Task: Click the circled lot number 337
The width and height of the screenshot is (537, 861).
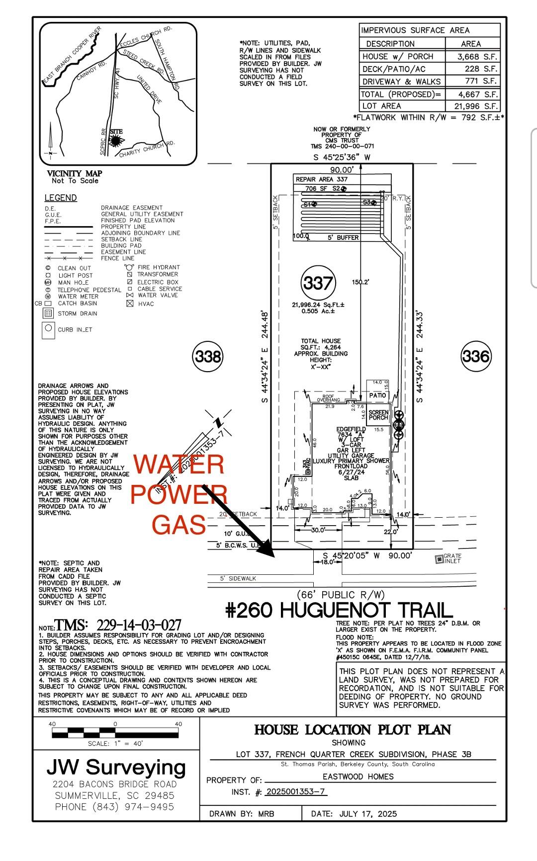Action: [x=318, y=283]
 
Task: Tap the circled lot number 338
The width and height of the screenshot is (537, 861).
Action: [x=207, y=356]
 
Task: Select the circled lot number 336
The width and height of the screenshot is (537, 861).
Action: [x=476, y=356]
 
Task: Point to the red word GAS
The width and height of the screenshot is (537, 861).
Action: [x=179, y=525]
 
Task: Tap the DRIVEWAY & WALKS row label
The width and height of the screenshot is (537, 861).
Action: [x=401, y=81]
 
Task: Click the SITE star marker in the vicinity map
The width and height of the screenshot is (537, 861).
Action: [x=116, y=140]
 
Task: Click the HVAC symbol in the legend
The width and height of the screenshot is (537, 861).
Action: [x=130, y=304]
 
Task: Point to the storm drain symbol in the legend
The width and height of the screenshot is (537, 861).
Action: [x=48, y=313]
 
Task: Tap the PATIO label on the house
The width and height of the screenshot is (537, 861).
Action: [x=377, y=395]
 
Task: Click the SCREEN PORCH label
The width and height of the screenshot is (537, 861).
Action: [x=378, y=415]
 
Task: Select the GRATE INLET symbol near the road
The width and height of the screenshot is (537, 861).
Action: [x=439, y=559]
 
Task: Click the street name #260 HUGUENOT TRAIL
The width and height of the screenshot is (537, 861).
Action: [x=339, y=610]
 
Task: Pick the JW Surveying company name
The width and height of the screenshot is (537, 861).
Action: [x=116, y=768]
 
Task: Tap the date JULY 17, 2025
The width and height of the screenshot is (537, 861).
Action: [x=368, y=813]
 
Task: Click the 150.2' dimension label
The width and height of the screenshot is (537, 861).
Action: [x=360, y=282]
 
